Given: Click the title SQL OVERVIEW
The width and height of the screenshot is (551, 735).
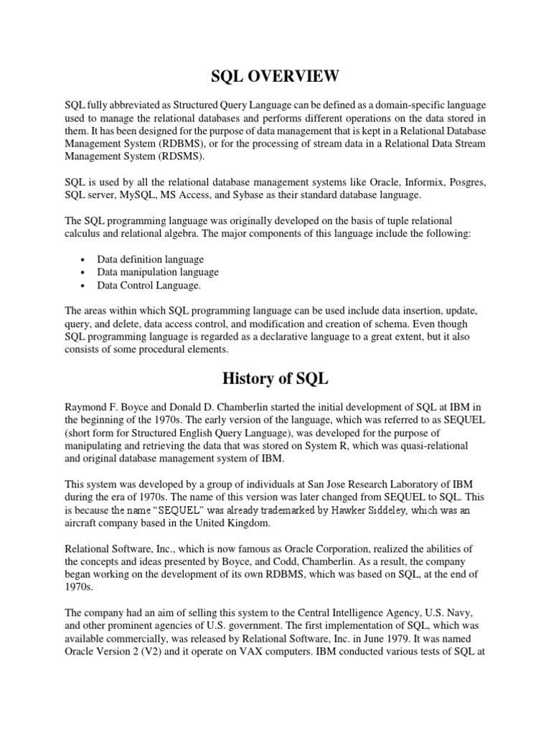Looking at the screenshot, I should click(x=275, y=76).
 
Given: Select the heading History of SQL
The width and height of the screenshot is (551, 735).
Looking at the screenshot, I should click(x=275, y=378).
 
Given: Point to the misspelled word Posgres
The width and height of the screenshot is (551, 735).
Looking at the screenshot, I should click(x=466, y=183).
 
